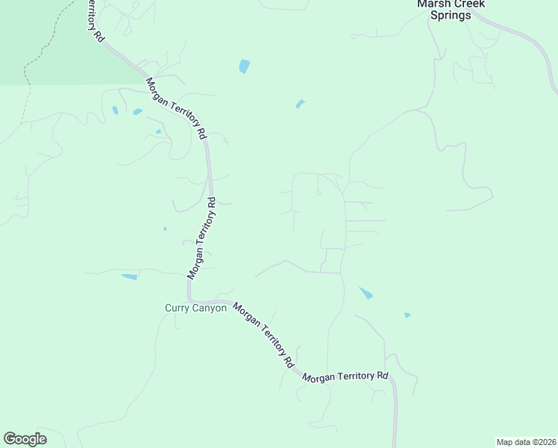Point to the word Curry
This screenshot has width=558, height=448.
click(178, 308)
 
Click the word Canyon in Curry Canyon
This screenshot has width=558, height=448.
click(210, 308)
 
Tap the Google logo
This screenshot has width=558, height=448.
click(25, 439)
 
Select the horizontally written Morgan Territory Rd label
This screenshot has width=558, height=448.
click(346, 376)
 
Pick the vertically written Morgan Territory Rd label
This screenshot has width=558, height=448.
click(202, 237)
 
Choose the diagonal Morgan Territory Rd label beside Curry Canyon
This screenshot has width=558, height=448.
click(263, 335)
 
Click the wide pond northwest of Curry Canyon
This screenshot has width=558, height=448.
click(130, 277)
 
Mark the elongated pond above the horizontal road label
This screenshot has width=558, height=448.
click(366, 293)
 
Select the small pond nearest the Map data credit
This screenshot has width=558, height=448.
click(407, 315)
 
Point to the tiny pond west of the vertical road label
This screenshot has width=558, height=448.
click(165, 228)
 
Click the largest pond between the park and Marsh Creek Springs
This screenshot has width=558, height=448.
click(244, 66)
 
